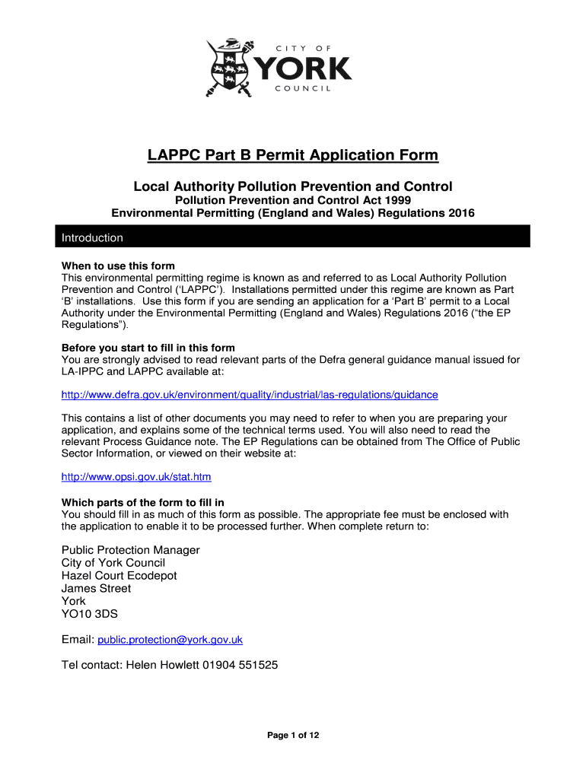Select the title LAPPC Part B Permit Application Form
click(x=293, y=156)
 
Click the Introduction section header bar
click(x=293, y=237)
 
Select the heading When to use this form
click(x=118, y=265)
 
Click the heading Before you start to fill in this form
click(x=148, y=348)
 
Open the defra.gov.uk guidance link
click(x=250, y=395)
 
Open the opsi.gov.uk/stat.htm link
click(x=136, y=477)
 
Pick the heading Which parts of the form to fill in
click(x=142, y=503)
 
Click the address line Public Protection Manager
click(x=130, y=550)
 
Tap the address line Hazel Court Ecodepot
click(x=119, y=575)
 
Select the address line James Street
click(x=96, y=588)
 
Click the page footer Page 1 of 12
click(x=293, y=735)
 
